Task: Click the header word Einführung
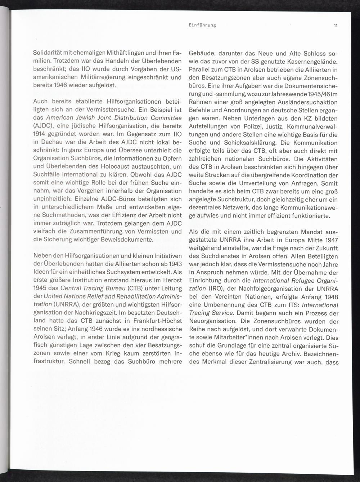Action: coord(202,25)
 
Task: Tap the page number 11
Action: coord(335,25)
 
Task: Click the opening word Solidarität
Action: coord(48,53)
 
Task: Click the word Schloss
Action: coord(312,53)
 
